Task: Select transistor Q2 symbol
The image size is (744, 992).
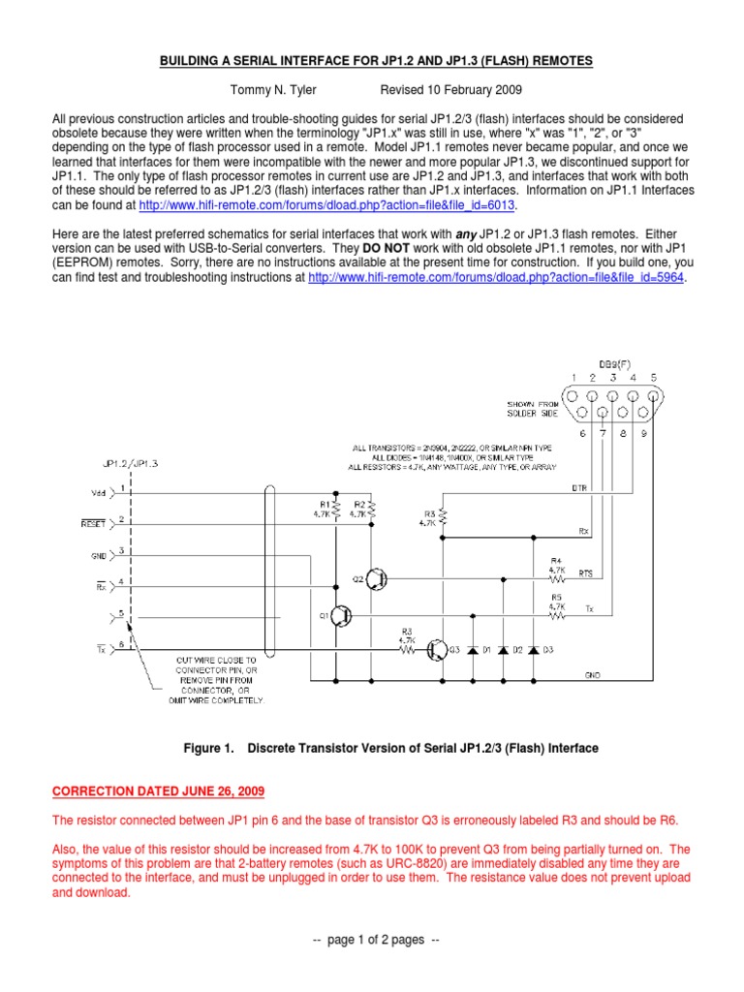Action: click(x=377, y=579)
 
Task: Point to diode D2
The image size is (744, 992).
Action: click(x=503, y=650)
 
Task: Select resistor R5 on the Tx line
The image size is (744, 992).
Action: click(x=556, y=614)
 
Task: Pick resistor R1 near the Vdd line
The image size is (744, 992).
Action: click(x=335, y=511)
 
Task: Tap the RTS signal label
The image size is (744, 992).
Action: click(x=586, y=573)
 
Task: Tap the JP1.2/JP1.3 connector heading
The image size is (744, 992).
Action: click(x=130, y=463)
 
